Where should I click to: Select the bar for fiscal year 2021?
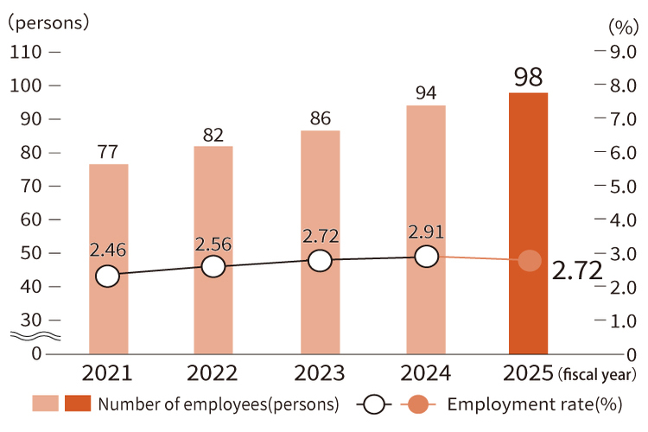[108, 258]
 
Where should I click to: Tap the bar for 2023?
[320, 242]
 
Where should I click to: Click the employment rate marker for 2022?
[213, 267]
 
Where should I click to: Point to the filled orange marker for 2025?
[530, 261]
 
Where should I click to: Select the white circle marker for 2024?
[426, 257]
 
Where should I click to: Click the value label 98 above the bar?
[528, 77]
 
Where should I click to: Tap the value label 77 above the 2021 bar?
[108, 151]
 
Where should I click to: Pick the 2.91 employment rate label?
[426, 232]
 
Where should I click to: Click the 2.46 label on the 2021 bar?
[107, 251]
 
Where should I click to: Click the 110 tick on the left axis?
[27, 52]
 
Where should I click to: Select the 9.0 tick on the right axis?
[624, 52]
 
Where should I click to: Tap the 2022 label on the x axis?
[213, 373]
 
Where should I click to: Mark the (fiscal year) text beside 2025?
[597, 375]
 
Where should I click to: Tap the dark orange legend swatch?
[78, 404]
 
